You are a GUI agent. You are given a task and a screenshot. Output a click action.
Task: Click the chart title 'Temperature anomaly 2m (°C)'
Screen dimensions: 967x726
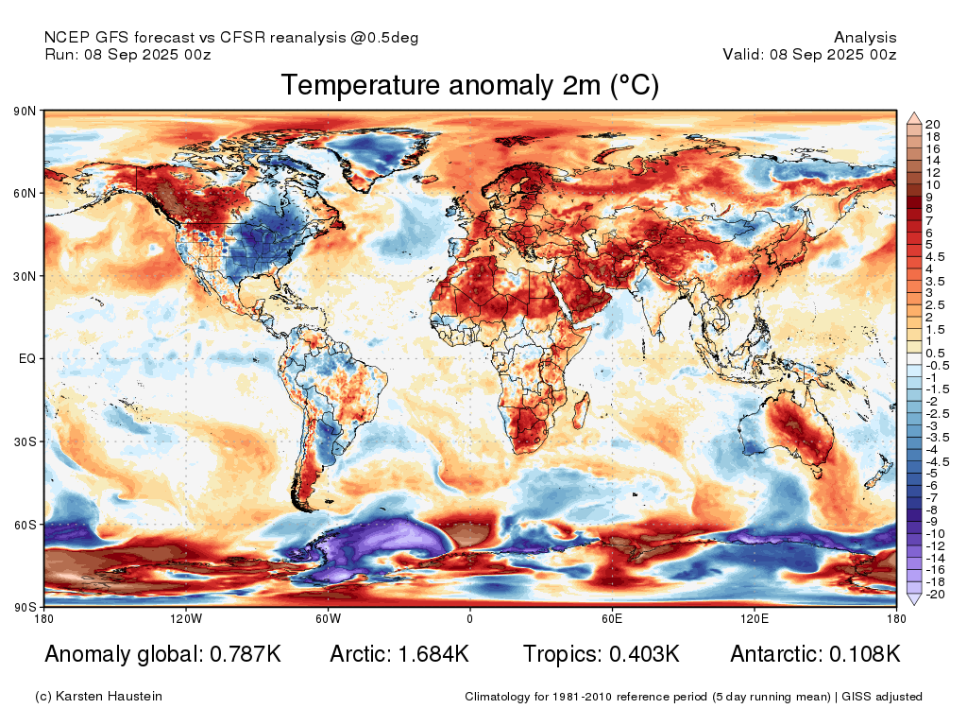point(470,85)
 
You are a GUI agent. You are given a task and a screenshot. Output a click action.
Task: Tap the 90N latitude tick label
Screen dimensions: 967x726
point(25,112)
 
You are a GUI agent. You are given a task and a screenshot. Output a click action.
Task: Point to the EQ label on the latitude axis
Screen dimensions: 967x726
point(27,358)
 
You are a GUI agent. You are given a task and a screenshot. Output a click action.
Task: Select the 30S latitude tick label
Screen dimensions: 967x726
point(25,442)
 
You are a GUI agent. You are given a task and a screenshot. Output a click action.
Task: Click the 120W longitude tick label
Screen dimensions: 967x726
point(186,618)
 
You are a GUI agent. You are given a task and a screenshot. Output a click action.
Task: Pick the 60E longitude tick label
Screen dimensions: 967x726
point(612,618)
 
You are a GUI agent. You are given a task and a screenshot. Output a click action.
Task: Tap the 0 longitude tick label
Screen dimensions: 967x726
point(470,618)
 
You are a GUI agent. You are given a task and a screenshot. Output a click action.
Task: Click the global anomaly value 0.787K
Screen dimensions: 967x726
point(246,654)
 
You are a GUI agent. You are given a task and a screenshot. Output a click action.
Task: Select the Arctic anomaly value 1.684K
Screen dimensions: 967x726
point(433,654)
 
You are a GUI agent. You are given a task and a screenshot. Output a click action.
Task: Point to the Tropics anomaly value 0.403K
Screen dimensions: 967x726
point(644,654)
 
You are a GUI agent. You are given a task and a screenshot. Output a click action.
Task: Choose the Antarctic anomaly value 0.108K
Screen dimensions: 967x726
point(865,654)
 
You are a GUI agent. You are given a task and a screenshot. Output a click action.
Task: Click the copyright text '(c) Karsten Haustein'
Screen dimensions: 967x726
point(98,697)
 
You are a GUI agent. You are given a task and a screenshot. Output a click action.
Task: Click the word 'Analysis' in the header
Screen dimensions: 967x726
point(865,38)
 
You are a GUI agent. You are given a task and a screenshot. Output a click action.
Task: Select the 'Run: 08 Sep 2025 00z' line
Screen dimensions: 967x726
point(128,54)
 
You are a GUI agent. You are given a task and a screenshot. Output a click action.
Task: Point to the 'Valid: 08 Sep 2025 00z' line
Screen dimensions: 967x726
point(809,54)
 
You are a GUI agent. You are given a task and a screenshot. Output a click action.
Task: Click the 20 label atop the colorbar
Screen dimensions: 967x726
point(932,125)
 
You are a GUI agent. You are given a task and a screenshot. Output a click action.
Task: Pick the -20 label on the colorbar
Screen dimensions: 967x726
point(936,595)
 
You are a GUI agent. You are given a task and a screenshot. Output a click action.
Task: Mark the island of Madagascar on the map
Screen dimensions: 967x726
point(582,410)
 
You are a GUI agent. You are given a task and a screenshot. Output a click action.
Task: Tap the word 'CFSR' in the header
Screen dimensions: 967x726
point(243,38)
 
